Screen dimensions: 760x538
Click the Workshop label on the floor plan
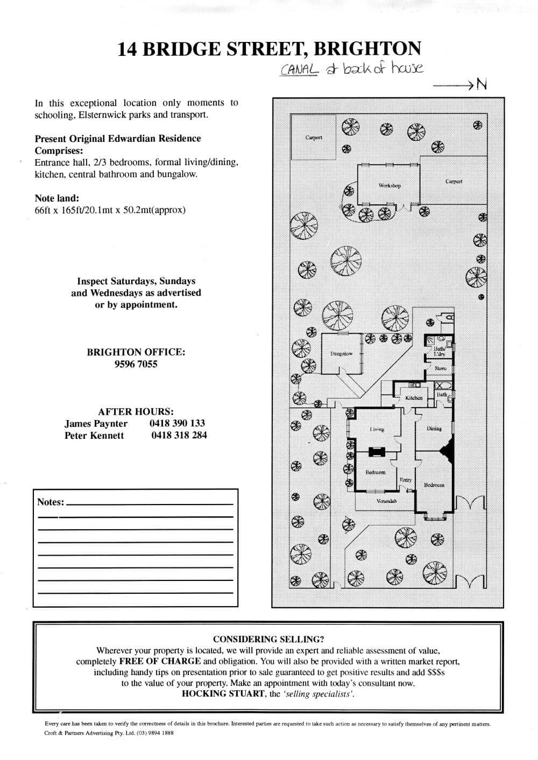tap(390, 186)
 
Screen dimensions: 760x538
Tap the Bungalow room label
tap(341, 354)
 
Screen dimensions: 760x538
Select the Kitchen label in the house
tap(414, 397)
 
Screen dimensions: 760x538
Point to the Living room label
tap(377, 429)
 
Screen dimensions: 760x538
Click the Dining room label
tap(434, 429)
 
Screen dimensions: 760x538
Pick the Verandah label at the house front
tap(387, 501)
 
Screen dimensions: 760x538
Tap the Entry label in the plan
tap(406, 480)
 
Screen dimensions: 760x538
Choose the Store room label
tap(440, 368)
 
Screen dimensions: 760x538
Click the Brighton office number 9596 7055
tap(136, 364)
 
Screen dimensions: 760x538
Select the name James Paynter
tap(96, 424)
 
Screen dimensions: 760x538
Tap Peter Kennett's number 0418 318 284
tap(179, 436)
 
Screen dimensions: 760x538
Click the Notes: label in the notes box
tap(51, 502)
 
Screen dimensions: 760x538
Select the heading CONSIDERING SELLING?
tap(268, 639)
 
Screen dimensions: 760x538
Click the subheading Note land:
tap(56, 198)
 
